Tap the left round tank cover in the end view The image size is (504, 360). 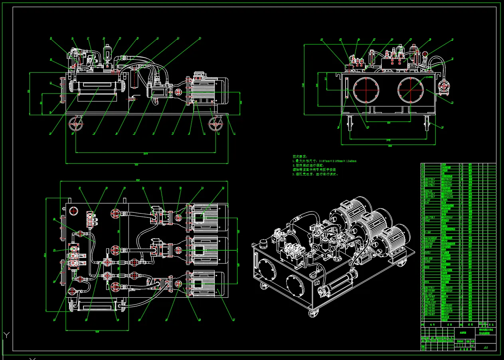click(365, 90)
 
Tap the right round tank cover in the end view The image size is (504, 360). click(410, 89)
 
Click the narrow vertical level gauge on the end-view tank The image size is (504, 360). click(345, 89)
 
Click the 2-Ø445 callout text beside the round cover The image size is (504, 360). click(429, 77)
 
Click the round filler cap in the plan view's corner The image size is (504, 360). click(73, 210)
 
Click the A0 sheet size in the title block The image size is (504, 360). click(486, 348)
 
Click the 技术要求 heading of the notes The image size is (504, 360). click(300, 156)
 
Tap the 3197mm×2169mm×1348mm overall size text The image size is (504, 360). click(337, 161)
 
